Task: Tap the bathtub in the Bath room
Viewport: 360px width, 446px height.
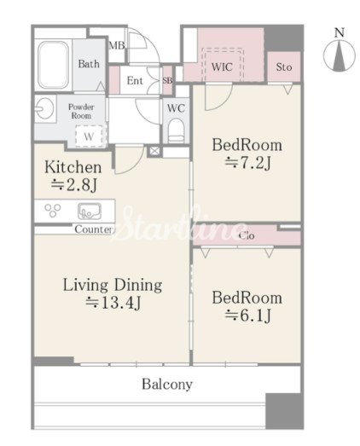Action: [x=54, y=65]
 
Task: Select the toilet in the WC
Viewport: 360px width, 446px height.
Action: [x=176, y=130]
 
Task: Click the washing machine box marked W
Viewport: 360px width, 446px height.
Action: [x=89, y=136]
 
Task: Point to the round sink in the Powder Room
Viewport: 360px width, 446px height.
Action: [x=44, y=108]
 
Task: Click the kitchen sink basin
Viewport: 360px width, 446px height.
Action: [x=90, y=211]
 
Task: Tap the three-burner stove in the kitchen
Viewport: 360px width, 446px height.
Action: [x=53, y=211]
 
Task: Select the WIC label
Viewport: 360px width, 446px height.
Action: [x=222, y=67]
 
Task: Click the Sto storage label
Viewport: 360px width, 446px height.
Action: [x=284, y=67]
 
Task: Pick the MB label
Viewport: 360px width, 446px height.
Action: [x=117, y=45]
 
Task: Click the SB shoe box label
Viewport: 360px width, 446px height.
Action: [x=167, y=80]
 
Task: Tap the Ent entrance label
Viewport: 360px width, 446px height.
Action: [x=135, y=80]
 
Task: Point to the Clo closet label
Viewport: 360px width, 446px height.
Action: [x=247, y=235]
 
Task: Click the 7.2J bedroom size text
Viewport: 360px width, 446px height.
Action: [x=248, y=163]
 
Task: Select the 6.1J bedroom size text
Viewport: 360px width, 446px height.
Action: [x=248, y=316]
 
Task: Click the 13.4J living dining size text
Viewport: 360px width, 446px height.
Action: [x=113, y=303]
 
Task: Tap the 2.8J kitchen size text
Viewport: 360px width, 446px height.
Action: [x=74, y=184]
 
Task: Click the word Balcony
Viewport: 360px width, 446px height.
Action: [x=167, y=385]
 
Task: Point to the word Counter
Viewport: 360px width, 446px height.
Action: [x=93, y=229]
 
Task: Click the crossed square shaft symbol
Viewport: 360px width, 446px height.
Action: [x=154, y=151]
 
